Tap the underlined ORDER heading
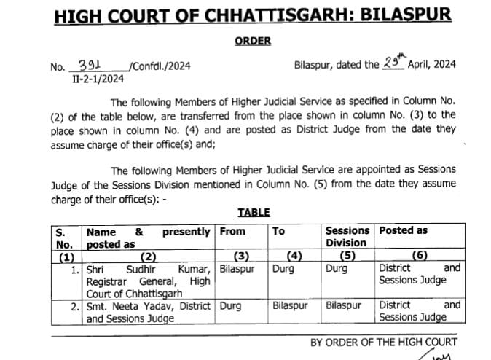[253, 41]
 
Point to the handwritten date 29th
[394, 63]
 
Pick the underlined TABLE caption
[254, 212]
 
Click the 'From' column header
[232, 231]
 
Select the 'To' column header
[278, 231]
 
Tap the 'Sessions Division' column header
[347, 237]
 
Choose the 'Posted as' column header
[403, 231]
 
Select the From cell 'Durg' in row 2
[230, 305]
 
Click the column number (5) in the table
[347, 256]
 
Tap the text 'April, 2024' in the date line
[431, 65]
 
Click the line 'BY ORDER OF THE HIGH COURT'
[384, 342]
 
